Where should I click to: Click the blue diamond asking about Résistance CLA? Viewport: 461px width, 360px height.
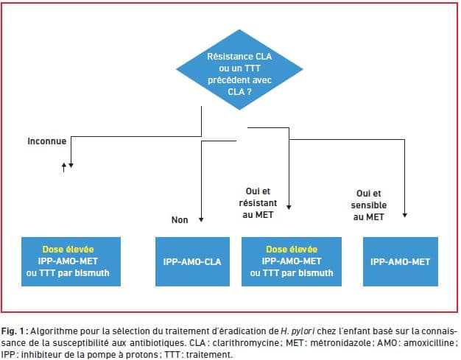[239, 70]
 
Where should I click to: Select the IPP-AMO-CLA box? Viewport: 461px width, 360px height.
[192, 261]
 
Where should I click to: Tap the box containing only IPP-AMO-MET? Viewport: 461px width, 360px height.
[401, 261]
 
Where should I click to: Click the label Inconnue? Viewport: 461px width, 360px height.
[46, 141]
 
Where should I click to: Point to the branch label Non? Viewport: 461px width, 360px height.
[180, 220]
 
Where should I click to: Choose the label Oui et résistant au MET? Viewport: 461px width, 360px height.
[258, 203]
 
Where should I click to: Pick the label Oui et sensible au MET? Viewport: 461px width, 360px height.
[369, 205]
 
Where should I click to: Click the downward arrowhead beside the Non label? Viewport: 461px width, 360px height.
[201, 219]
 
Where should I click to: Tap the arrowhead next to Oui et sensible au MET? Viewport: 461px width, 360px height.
[405, 215]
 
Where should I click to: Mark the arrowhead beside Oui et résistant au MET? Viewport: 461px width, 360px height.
[289, 207]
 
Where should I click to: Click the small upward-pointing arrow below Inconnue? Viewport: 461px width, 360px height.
[64, 168]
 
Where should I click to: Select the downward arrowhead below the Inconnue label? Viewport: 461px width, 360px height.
[71, 166]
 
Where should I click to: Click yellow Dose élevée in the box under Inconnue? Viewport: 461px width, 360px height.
[68, 250]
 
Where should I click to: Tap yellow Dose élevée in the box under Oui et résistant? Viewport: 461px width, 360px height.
[292, 250]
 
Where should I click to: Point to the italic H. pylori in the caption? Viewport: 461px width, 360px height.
[298, 331]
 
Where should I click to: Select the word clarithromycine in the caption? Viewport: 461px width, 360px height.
[246, 343]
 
